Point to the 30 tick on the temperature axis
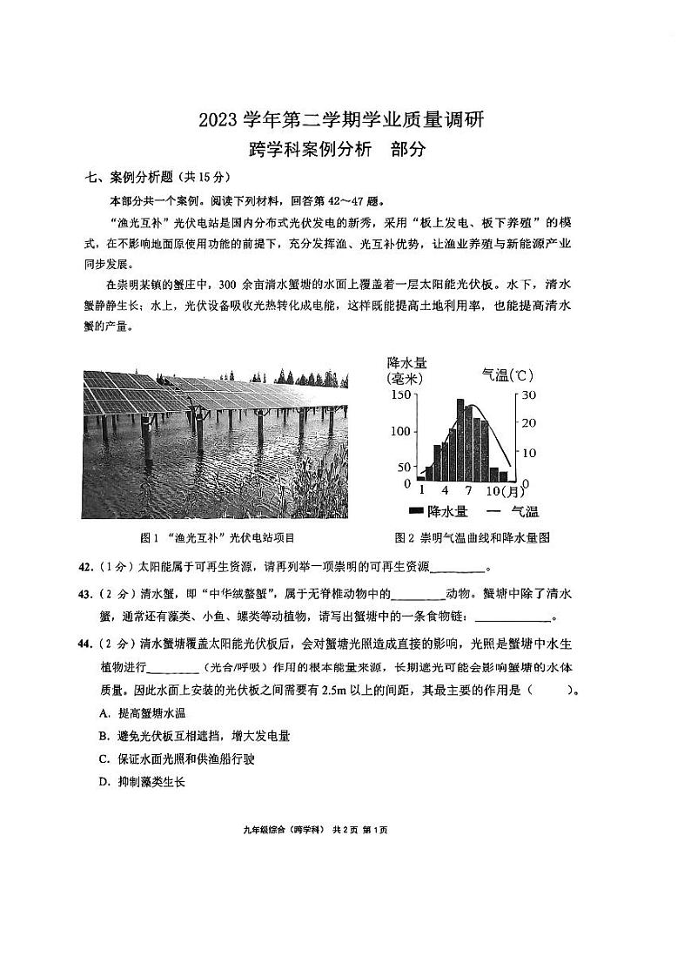(529, 394)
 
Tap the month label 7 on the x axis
(467, 490)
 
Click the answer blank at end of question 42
(457, 569)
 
